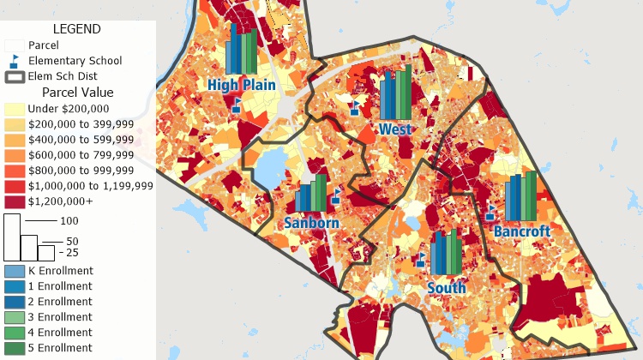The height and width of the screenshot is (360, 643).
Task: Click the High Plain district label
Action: click(241, 85)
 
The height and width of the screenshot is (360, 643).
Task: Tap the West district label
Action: click(395, 129)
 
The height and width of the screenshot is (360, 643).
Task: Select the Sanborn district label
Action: click(311, 223)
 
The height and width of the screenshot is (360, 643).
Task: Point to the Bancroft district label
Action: click(521, 231)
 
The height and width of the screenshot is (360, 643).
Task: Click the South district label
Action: click(447, 288)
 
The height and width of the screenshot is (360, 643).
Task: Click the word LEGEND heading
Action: click(77, 28)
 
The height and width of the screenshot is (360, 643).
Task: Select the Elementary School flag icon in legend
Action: click(15, 61)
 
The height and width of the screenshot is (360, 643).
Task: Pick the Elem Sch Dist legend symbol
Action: click(15, 76)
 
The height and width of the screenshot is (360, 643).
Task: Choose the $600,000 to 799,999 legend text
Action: click(81, 155)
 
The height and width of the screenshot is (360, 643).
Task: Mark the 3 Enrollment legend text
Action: click(60, 317)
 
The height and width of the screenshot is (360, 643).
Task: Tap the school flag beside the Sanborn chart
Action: click(337, 198)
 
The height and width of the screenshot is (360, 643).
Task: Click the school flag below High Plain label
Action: click(237, 105)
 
